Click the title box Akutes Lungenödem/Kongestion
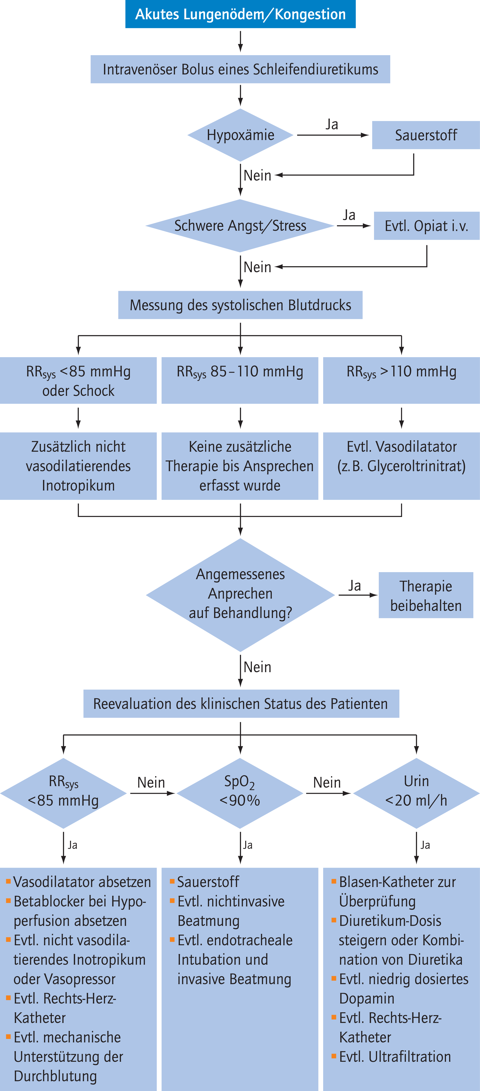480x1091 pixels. pos(240,14)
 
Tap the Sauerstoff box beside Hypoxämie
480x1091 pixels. pos(426,135)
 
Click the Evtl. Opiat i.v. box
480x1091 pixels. pos(427,226)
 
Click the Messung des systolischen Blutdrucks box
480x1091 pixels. pos(240,305)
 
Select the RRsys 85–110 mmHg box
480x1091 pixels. pos(240,380)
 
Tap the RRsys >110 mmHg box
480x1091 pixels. pos(401,380)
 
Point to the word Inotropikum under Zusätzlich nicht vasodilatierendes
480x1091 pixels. pos(78,485)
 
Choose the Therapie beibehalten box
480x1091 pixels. pos(426,595)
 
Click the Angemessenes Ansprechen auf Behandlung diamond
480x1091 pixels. pos(240,595)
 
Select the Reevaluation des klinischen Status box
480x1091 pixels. pos(241,703)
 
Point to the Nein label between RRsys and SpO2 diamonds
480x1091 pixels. pos(151,782)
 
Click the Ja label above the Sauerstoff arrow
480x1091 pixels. pos(332,124)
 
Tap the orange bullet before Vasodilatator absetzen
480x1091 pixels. pos(8,881)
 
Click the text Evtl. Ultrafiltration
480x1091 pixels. pos(395,1057)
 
